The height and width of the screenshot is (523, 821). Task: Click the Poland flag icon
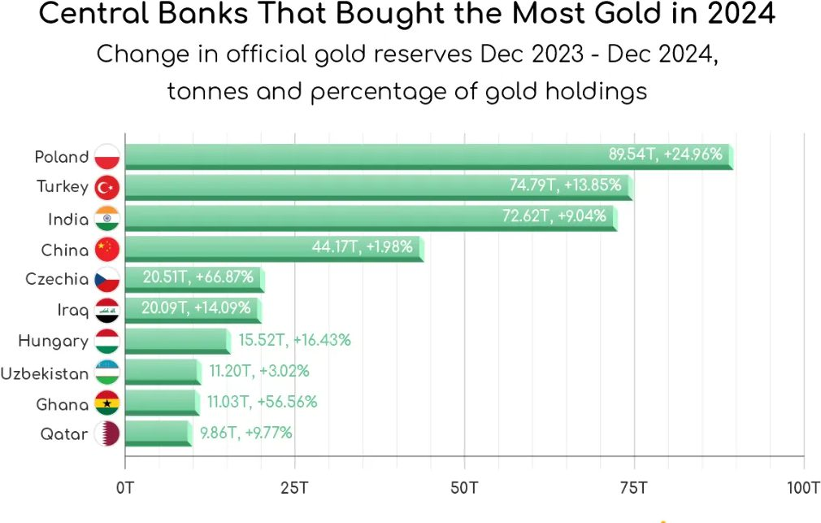(106, 156)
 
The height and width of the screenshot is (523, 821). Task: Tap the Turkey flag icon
(106, 187)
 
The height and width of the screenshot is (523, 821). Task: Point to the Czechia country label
(57, 279)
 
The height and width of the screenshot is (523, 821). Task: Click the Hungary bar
(176, 340)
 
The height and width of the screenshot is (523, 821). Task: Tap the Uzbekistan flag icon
(106, 372)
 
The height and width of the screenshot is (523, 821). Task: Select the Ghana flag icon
(106, 403)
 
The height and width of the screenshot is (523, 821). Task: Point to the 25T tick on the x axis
(294, 488)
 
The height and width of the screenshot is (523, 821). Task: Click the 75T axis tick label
(633, 488)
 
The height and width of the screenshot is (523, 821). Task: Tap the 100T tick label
(803, 488)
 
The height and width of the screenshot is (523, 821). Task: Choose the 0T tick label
(125, 488)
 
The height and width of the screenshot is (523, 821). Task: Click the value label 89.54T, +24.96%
(666, 155)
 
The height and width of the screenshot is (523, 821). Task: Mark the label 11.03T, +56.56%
(261, 402)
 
